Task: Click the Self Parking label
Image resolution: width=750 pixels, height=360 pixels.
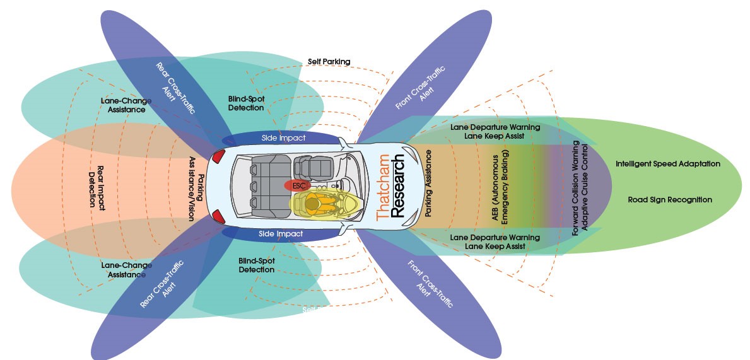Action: tap(329, 61)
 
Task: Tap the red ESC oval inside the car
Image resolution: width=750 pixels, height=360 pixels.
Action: tap(298, 185)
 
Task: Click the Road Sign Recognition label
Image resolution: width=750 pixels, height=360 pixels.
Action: tap(670, 200)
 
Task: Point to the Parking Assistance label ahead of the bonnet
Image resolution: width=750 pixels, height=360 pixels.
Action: tap(429, 183)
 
